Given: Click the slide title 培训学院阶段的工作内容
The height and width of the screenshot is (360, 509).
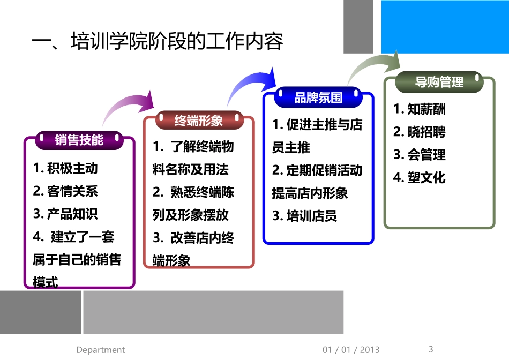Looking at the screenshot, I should click(x=158, y=42).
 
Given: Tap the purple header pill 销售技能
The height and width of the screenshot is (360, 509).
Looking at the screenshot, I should click(x=79, y=140).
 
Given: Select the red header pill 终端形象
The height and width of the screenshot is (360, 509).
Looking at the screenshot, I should click(x=199, y=121).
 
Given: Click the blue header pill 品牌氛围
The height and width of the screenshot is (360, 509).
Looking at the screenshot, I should click(x=318, y=98).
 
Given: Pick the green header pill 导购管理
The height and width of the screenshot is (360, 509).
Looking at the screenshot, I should click(x=439, y=82).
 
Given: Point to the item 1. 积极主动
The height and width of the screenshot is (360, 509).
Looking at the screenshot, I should click(x=65, y=168).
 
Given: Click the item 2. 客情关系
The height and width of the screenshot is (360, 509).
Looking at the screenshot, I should click(x=65, y=191).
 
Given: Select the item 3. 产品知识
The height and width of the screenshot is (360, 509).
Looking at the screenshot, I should click(x=65, y=214).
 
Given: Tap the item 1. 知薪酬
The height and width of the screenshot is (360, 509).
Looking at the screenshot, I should click(x=420, y=109).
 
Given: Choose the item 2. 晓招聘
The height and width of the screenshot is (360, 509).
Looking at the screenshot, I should click(x=420, y=132).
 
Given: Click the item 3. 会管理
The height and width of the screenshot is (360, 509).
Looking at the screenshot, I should click(x=420, y=155).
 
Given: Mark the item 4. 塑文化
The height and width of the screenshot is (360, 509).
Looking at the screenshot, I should click(x=420, y=178).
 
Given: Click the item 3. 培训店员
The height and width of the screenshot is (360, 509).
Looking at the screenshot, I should click(x=304, y=216).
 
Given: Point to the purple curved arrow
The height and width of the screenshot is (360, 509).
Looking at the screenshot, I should click(x=129, y=107).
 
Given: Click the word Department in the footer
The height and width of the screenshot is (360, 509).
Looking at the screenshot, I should click(x=100, y=350).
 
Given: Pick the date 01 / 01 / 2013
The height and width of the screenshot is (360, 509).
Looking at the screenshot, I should click(x=351, y=350).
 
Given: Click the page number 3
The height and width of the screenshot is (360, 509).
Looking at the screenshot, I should click(x=431, y=349).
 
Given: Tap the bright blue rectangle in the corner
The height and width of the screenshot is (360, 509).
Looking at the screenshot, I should click(x=445, y=27).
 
